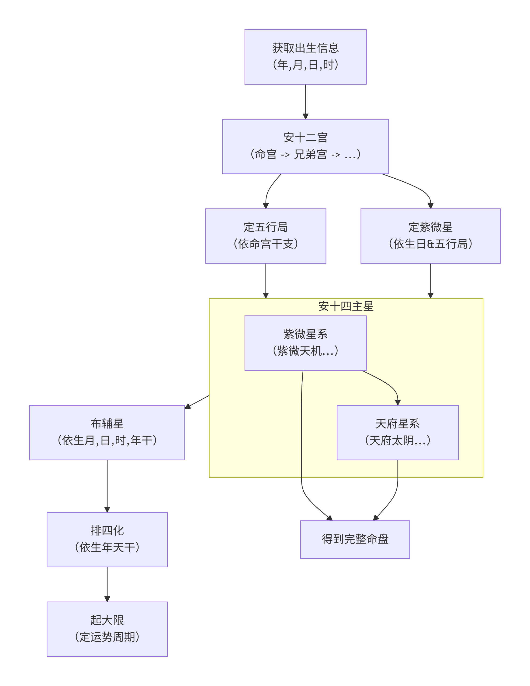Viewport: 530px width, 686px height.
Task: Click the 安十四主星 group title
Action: pos(346,306)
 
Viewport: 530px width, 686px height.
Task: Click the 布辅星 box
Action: pos(107,432)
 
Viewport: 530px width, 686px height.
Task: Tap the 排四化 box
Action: pos(107,539)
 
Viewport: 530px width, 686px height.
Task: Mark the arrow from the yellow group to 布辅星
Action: pos(197,402)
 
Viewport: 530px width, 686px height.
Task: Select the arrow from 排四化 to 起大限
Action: pos(107,584)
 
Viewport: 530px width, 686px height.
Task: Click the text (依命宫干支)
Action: pos(266,244)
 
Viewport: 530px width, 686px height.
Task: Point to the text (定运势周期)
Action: pos(107,637)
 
